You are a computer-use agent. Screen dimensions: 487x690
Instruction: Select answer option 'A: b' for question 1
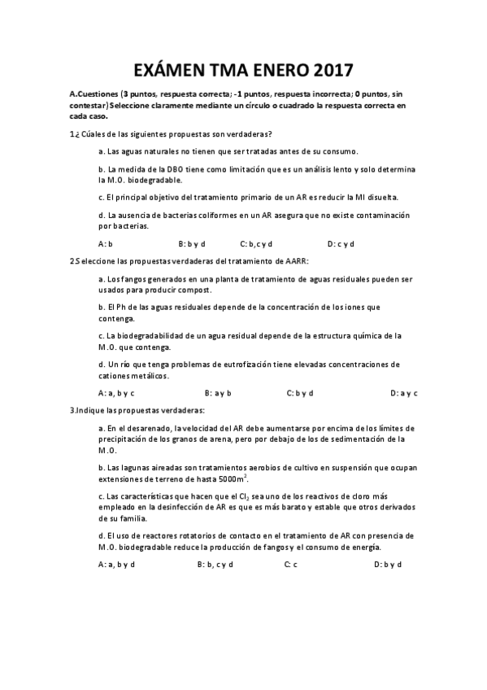(105, 243)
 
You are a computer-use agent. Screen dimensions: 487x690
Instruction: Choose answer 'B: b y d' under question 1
(191, 243)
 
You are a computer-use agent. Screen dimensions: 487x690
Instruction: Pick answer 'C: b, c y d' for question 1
(256, 243)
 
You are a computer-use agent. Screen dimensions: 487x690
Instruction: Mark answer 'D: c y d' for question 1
(341, 243)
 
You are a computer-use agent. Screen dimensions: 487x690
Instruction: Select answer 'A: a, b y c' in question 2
(116, 393)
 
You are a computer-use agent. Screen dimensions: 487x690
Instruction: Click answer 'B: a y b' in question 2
(219, 393)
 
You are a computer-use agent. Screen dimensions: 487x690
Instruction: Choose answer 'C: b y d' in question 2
(300, 393)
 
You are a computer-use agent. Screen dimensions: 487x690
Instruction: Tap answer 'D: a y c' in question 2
(403, 393)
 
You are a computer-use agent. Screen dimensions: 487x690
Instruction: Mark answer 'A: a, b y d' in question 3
(116, 564)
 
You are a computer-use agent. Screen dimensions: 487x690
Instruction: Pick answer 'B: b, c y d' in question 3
(215, 564)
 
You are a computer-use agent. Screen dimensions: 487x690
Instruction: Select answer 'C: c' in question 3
(291, 564)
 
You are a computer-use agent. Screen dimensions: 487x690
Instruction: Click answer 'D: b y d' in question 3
(388, 564)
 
